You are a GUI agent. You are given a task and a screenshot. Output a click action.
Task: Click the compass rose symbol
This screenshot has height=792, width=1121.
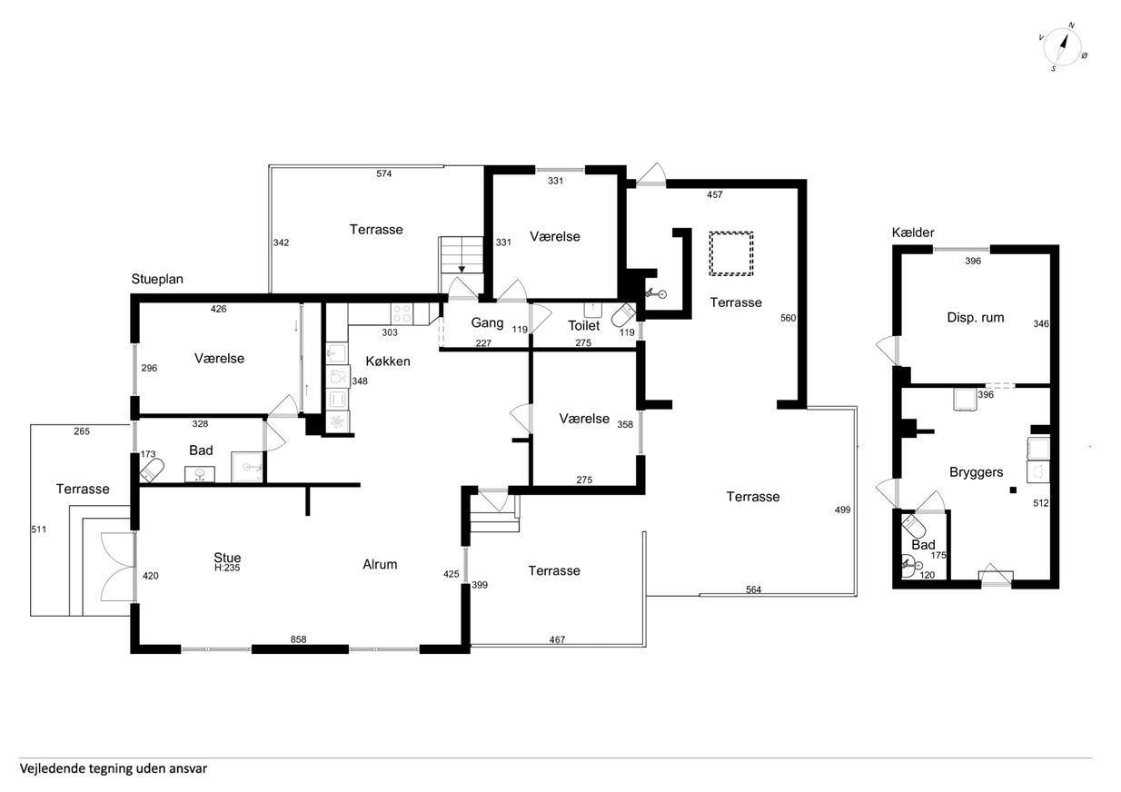(x=1063, y=46)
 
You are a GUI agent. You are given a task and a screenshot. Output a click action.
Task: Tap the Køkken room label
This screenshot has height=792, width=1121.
(x=388, y=361)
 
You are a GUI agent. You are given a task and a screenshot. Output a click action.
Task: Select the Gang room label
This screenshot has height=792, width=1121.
(x=487, y=323)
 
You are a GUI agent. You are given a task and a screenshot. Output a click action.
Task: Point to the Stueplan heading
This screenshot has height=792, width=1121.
(x=157, y=279)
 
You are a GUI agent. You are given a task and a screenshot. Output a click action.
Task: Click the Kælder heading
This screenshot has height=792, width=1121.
(x=913, y=233)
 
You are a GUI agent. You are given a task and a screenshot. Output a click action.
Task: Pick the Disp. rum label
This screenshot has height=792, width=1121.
(x=976, y=318)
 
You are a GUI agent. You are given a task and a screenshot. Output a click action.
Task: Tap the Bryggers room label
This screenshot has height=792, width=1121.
(x=977, y=472)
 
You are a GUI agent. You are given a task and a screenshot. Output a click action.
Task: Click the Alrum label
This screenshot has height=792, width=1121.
(x=380, y=564)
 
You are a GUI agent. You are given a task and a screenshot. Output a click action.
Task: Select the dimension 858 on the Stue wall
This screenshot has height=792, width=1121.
(x=298, y=639)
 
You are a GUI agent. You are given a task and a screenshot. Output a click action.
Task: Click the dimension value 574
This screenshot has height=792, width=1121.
(x=384, y=173)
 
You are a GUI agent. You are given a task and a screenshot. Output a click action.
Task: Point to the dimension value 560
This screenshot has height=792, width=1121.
(x=789, y=318)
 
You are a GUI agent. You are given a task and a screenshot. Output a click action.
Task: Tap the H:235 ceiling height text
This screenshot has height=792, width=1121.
(x=227, y=568)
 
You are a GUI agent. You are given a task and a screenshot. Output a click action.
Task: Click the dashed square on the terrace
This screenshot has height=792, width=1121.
(x=731, y=253)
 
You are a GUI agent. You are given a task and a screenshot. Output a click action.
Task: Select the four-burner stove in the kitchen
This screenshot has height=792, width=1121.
(x=402, y=314)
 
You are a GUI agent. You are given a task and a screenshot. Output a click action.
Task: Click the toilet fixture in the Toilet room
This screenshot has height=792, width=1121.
(x=623, y=314)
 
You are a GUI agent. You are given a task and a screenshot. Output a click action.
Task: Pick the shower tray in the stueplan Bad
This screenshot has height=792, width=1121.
(x=247, y=467)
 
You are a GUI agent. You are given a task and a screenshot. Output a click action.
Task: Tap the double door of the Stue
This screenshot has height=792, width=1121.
(x=118, y=567)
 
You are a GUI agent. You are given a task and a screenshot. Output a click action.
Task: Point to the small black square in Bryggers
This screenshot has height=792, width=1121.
(x=1013, y=490)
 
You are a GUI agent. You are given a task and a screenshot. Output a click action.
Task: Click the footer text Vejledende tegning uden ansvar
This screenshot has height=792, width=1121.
(x=114, y=768)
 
